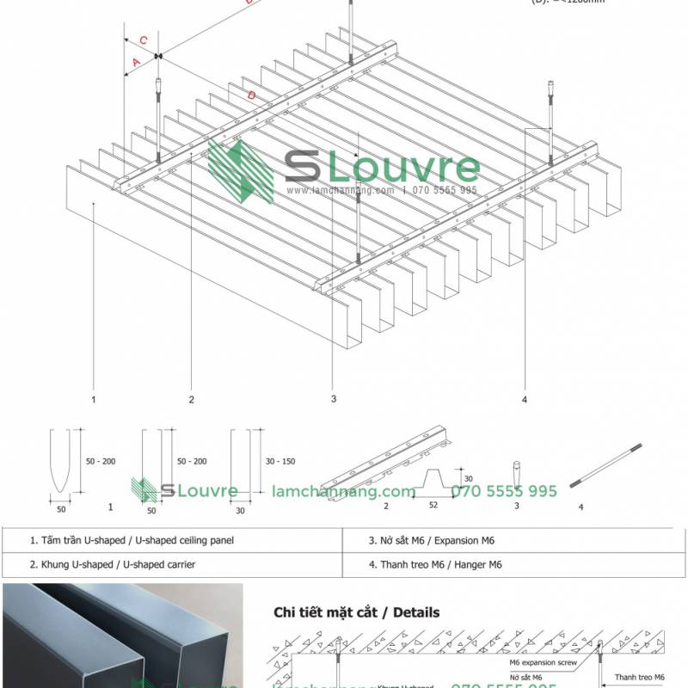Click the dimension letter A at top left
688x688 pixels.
(x=135, y=61)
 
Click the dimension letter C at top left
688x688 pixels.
(x=144, y=40)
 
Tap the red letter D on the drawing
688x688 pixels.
(x=250, y=95)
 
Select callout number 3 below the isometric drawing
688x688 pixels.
(x=333, y=398)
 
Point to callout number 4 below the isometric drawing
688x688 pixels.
(x=524, y=398)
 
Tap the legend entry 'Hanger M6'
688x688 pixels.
(x=434, y=565)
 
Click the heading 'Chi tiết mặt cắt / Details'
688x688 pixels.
(x=356, y=612)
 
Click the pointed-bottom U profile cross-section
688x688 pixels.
(x=59, y=464)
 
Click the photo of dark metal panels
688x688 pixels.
(x=120, y=636)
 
